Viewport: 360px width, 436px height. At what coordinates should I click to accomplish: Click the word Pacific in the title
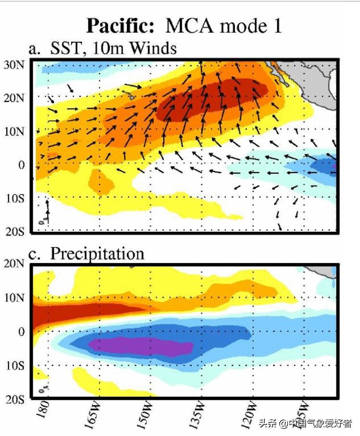coord(122,25)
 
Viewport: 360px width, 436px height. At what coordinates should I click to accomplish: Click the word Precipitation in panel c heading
coord(97,253)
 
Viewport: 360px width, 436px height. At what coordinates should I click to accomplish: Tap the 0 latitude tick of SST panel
coord(21,165)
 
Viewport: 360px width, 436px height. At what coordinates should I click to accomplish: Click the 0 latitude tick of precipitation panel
coord(21,332)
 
